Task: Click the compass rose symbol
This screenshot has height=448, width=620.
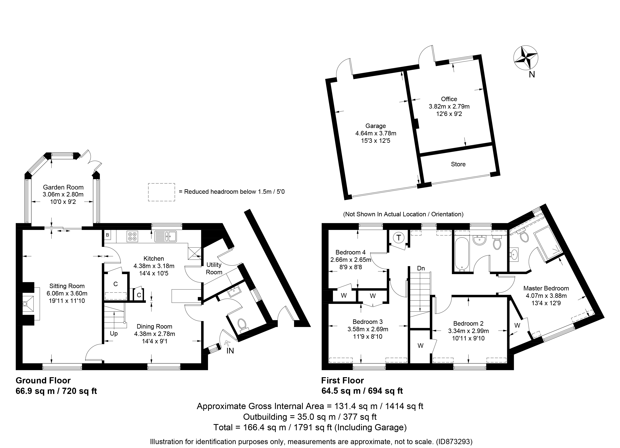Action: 526,58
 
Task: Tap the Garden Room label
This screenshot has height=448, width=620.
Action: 63,187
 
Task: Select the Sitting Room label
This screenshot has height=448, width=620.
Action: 67,286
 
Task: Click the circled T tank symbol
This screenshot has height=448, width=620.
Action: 398,238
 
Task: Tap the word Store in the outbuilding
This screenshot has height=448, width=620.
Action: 458,164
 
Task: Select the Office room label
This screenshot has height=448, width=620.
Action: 449,99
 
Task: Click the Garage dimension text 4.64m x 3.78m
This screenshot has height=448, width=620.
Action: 376,133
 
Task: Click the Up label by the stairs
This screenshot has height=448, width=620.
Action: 114,334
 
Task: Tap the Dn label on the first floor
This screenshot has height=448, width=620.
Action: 421,268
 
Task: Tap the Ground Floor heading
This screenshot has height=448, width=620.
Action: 43,380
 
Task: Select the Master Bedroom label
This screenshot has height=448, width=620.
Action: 546,288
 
